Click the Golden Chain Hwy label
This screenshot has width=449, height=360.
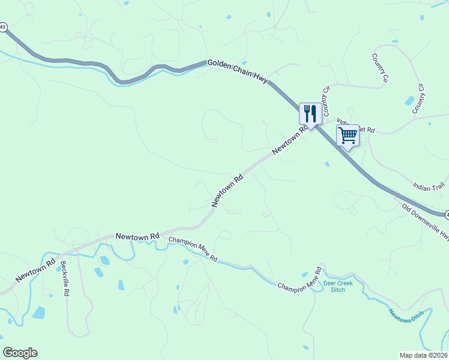238,71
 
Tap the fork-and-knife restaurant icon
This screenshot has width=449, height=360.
310,113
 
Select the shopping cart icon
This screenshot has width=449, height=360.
348,136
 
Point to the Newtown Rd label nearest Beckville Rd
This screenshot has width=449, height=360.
36,270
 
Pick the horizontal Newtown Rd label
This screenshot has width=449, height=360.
137,237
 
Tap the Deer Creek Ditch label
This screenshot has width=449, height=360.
338,286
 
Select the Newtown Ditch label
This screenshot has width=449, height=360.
406,316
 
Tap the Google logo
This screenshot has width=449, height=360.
20,353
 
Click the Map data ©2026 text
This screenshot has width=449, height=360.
423,355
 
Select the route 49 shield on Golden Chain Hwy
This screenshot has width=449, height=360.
3,27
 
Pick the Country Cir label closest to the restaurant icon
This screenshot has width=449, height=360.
327,101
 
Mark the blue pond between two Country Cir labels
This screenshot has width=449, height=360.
409,101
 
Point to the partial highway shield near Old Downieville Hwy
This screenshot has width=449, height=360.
447,214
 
